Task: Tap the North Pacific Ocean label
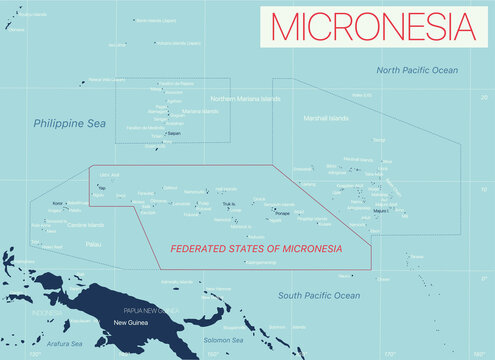click(x=417, y=70)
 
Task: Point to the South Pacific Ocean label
click(x=319, y=295)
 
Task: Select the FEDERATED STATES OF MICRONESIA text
click(x=256, y=248)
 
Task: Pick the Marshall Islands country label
click(x=326, y=118)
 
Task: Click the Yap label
click(x=103, y=187)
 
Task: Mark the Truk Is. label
click(x=228, y=204)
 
